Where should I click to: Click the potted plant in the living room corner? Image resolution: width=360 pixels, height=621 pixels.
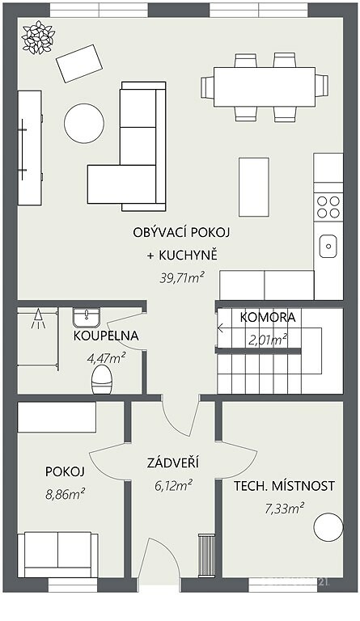(38, 37)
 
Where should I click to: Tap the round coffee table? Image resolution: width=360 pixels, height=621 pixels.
(84, 123)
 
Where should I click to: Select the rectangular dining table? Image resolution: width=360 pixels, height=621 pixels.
(265, 87)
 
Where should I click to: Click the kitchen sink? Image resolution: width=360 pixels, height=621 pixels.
(328, 246)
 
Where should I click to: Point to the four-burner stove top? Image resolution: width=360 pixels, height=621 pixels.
(328, 207)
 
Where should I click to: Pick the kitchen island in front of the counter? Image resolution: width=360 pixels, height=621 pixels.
(254, 187)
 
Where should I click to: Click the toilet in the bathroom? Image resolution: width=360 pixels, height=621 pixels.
(101, 379)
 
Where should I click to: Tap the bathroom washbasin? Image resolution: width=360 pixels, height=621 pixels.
(87, 317)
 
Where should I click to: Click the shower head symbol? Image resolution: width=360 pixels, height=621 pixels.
(38, 319)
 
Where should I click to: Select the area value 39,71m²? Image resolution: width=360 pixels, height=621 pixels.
(182, 278)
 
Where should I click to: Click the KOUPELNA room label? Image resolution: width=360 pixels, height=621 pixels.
(106, 336)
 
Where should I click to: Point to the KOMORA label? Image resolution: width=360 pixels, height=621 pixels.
(268, 317)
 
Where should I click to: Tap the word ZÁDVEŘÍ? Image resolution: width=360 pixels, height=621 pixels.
(172, 463)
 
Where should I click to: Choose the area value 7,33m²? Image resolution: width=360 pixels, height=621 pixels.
(284, 507)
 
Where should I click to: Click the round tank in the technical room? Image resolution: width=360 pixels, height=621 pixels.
(328, 526)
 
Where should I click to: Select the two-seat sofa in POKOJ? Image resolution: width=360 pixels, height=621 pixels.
(57, 555)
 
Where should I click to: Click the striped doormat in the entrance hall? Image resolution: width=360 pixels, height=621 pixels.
(206, 555)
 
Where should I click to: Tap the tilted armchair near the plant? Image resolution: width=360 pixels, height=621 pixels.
(79, 63)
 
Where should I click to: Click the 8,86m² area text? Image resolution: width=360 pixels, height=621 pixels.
(66, 494)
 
